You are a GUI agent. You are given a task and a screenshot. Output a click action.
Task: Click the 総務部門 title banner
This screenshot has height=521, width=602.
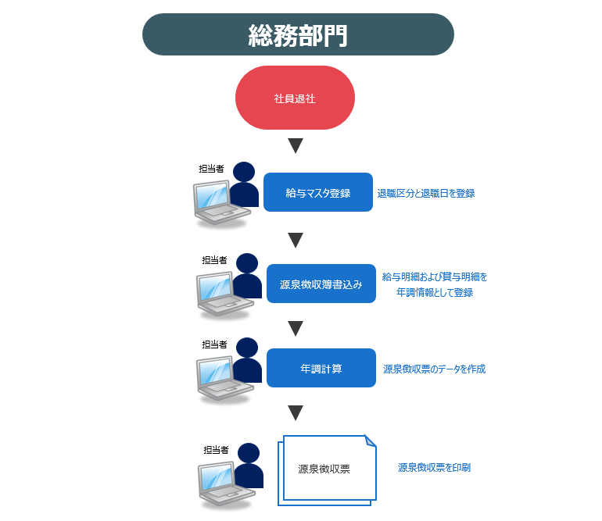click(298, 34)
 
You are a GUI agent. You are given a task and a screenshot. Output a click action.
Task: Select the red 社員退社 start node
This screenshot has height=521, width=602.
click(295, 98)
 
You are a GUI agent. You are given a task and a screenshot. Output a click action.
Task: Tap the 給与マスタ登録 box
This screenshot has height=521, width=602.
click(318, 192)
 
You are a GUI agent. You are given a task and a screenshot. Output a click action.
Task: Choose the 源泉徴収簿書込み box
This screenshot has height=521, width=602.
click(321, 284)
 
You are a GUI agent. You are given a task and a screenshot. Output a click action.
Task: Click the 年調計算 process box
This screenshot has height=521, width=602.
click(321, 368)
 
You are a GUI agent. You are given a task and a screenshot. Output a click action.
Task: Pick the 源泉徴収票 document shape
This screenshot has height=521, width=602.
click(327, 470)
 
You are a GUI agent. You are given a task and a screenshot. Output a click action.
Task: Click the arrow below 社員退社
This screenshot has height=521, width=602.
click(296, 146)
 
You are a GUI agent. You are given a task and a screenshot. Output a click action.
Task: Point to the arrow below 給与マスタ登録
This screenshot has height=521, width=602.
click(296, 240)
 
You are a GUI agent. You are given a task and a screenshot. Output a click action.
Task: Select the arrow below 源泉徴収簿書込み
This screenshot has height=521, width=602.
click(296, 328)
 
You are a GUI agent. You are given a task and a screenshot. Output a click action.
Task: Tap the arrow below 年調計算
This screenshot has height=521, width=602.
click(296, 412)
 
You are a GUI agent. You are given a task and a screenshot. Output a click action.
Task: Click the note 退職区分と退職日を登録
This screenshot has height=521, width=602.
click(426, 194)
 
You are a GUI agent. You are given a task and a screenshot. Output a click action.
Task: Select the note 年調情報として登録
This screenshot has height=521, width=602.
click(435, 292)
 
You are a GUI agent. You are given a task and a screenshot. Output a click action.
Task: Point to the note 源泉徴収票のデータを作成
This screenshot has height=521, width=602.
click(434, 369)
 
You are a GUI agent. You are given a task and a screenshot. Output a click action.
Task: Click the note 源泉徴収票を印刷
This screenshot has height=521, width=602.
click(434, 467)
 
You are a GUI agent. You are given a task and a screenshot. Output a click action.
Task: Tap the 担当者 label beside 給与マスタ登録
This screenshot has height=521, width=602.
click(211, 169)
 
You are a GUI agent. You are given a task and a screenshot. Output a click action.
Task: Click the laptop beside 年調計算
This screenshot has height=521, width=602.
click(224, 380)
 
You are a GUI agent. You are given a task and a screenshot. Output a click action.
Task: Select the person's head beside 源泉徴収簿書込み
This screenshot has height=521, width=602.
click(247, 263)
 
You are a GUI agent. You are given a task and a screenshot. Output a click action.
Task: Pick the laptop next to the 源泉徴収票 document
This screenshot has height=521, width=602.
click(226, 486)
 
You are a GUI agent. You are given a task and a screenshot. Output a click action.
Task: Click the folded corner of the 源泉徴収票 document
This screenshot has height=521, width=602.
click(370, 441)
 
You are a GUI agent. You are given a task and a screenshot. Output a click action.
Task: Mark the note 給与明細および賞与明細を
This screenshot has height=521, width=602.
click(435, 277)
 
